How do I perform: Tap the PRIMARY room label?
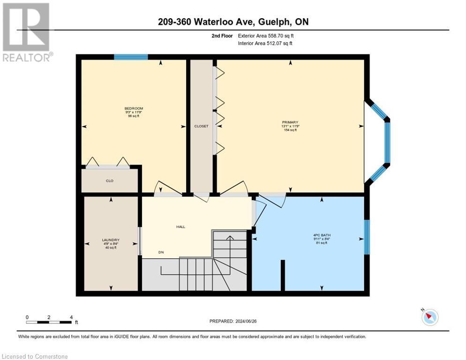coord(290,122)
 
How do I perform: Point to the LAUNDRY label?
coord(111,240)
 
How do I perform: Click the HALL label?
coord(180,226)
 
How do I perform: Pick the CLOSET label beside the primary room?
coord(202,126)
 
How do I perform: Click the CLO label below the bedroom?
coord(110,180)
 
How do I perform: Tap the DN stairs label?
coord(161,252)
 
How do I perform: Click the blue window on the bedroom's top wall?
coord(131,57)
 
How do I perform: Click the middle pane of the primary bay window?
coord(387,142)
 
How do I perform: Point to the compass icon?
coord(429,317)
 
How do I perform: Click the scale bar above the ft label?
coord(49,322)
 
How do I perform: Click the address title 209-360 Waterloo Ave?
coord(233,22)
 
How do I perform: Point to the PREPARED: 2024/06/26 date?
coord(233,321)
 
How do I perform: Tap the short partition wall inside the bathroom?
coord(282,275)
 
